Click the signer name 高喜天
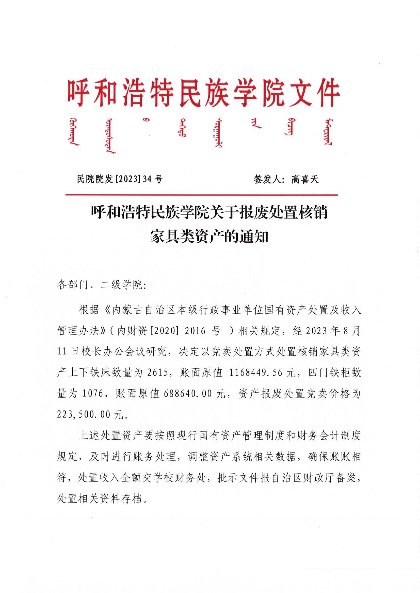(305, 179)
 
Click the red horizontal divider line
(202, 195)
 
